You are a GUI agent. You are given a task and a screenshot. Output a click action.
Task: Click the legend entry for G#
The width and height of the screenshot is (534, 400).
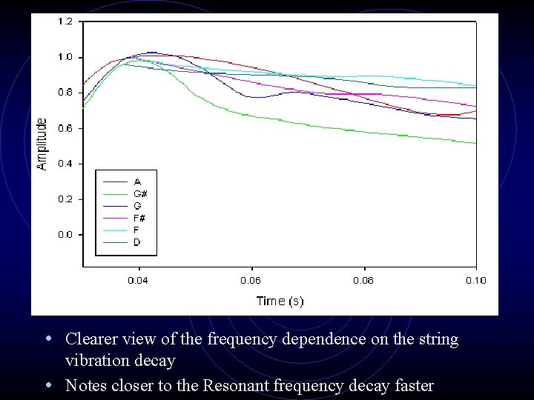point(139,193)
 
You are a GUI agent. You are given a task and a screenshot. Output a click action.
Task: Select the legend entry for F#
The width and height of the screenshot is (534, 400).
point(139,217)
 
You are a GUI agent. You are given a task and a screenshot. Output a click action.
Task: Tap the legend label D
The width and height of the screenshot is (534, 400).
point(137,242)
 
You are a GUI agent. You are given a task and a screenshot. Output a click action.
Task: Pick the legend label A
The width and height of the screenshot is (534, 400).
point(137,181)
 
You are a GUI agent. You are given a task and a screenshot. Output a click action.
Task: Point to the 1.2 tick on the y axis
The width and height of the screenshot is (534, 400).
point(65,21)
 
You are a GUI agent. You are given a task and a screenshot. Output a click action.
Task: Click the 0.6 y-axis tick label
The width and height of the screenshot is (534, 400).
point(65,128)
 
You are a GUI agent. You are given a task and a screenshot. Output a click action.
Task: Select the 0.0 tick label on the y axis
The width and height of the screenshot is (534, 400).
point(65,235)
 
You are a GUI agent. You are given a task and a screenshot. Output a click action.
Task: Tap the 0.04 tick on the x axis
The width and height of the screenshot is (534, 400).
point(139,280)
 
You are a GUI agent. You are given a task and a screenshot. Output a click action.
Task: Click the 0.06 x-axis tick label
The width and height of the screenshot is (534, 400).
point(251,280)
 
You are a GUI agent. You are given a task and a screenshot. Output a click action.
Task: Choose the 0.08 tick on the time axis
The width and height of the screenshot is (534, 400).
point(363,280)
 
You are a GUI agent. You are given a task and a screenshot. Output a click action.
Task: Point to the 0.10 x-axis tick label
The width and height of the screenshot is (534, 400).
point(475,280)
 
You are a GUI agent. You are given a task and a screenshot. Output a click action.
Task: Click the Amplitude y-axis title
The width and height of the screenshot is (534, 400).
point(42,144)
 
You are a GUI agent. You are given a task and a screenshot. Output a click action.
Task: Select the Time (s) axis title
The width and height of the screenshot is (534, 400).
point(280,301)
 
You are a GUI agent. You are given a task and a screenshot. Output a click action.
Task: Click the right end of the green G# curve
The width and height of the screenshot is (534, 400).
point(475,143)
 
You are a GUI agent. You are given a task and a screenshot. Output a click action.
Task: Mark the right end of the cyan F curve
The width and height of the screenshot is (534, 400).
point(475,85)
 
